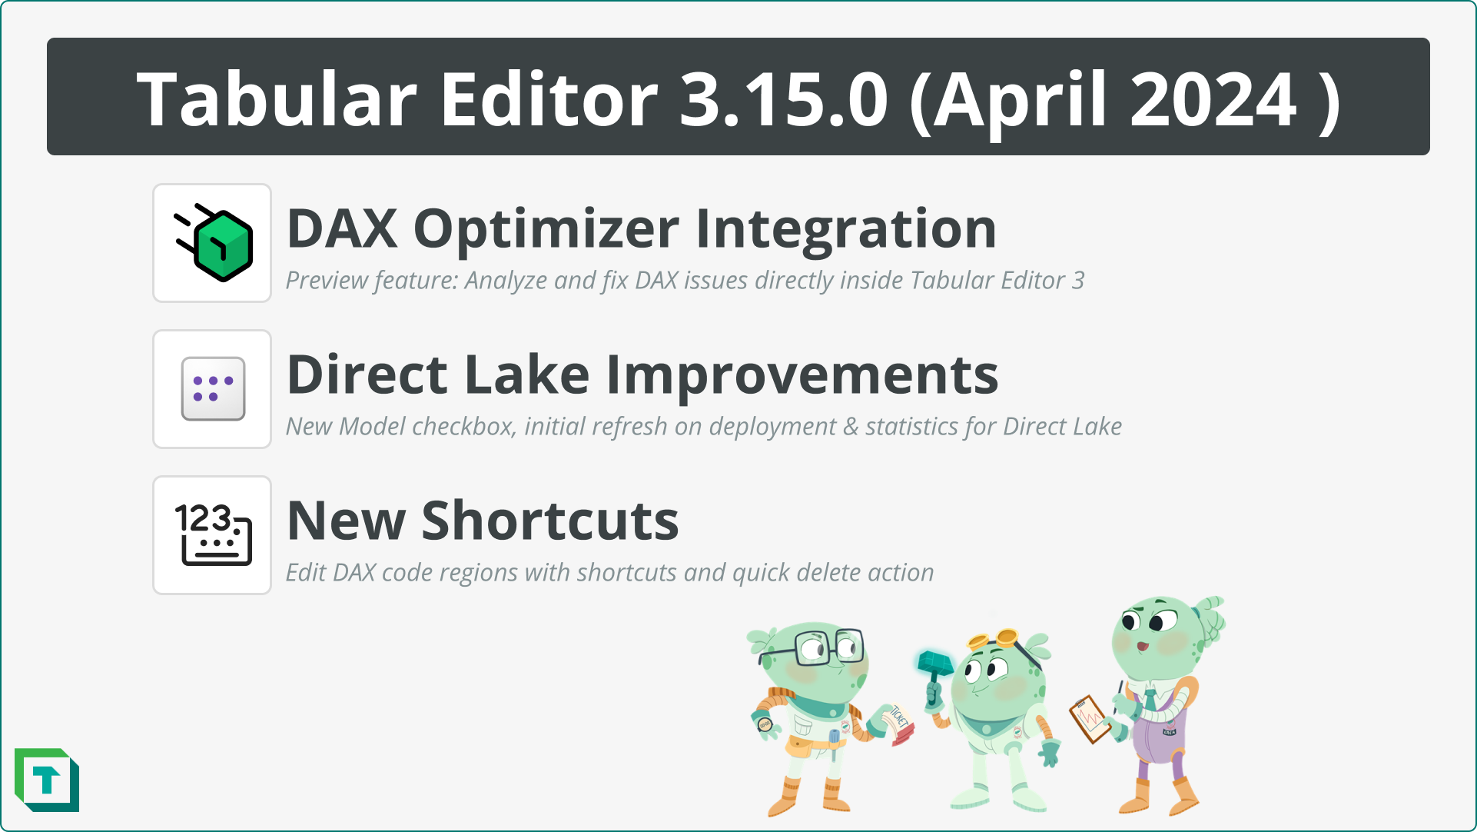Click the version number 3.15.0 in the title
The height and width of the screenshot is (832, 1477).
[x=783, y=99]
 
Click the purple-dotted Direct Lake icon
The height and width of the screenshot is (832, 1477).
[x=213, y=389]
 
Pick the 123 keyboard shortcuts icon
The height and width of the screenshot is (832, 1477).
[x=213, y=535]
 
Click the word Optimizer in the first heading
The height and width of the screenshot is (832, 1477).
[x=546, y=229]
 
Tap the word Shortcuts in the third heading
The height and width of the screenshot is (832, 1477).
[x=550, y=521]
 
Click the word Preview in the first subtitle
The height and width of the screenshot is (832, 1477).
[x=326, y=281]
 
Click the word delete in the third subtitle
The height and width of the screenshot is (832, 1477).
[x=828, y=573]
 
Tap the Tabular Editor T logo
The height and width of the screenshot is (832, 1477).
[x=47, y=780]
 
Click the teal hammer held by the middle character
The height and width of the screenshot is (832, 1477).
[x=934, y=665]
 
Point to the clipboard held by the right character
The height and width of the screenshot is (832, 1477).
[x=1090, y=718]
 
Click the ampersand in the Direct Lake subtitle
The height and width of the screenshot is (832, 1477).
[x=850, y=427]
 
